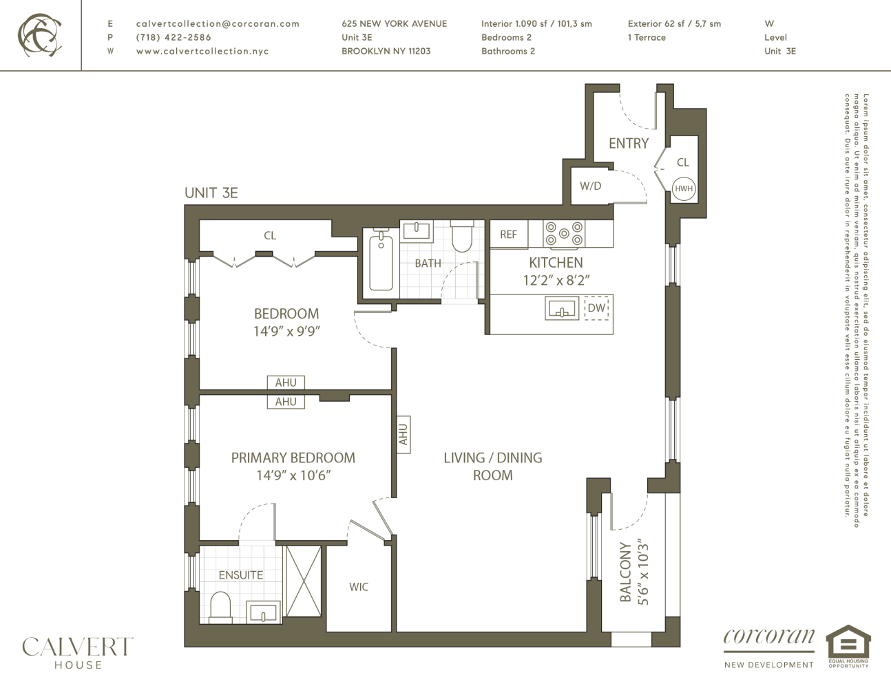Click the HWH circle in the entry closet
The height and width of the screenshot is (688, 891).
click(683, 189)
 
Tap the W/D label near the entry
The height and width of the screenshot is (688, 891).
click(590, 186)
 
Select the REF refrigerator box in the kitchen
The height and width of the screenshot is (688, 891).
click(508, 235)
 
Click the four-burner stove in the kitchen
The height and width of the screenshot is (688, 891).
click(564, 234)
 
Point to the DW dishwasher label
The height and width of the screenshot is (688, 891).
click(596, 308)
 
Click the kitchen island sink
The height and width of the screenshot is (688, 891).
click(562, 309)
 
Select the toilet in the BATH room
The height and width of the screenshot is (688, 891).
click(461, 238)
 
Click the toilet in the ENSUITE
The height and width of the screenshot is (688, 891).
click(220, 607)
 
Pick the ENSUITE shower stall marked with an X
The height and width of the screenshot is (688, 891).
click(303, 581)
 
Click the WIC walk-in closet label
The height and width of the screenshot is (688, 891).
click(359, 587)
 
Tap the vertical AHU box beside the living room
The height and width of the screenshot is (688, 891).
click(403, 434)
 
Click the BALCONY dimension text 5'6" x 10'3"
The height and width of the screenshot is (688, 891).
click(644, 572)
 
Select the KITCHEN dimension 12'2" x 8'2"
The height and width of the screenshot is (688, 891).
click(556, 280)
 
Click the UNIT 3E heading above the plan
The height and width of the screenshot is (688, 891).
click(211, 193)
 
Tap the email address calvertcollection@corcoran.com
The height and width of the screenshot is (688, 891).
click(218, 23)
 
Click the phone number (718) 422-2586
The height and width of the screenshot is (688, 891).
click(174, 37)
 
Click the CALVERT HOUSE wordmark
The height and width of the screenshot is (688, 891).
click(78, 652)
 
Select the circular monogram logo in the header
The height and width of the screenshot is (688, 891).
click(39, 34)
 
